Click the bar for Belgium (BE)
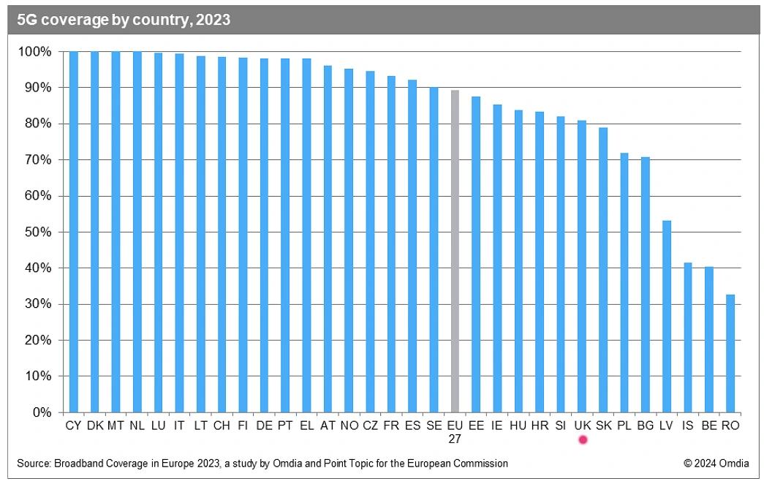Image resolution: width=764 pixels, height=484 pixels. tap(708, 339)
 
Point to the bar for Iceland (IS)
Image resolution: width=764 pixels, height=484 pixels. tap(687, 337)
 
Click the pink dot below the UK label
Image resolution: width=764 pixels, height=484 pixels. tap(583, 439)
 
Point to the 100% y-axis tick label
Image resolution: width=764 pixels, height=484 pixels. tap(36, 52)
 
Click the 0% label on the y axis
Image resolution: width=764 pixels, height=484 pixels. tap(42, 412)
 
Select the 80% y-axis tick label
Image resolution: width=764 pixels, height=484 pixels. tap(39, 124)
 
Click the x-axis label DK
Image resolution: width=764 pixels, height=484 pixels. tap(94, 426)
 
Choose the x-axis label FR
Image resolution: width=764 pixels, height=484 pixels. tap(391, 426)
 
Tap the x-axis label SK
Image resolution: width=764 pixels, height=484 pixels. tap(604, 426)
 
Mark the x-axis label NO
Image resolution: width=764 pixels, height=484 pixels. tap(349, 426)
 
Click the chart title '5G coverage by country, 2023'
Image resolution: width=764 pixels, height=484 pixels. tap(124, 20)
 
